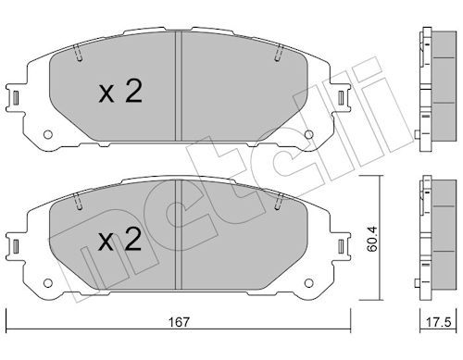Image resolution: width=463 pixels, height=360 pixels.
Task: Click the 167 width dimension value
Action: (x=179, y=322)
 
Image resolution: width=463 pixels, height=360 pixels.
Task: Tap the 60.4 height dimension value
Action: (x=372, y=239)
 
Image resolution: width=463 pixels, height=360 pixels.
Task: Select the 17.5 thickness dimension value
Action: (x=438, y=322)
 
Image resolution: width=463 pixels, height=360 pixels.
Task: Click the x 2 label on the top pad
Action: (x=120, y=91)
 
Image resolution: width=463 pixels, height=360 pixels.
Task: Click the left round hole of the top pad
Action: (x=48, y=134)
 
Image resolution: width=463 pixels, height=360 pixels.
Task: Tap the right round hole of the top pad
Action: (x=308, y=134)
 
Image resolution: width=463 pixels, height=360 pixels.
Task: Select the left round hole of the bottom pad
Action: (x=48, y=283)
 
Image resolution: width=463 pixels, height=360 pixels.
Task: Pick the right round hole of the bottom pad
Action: (x=308, y=283)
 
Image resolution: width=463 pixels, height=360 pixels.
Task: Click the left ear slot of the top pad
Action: (x=16, y=98)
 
